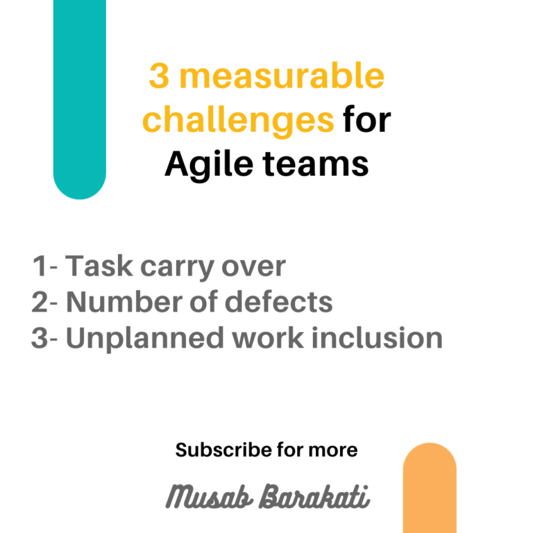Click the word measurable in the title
282,76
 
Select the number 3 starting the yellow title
159,76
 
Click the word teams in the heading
316,164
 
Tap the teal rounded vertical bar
80,99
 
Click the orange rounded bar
430,488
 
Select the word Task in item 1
99,266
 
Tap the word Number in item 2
124,302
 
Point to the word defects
279,302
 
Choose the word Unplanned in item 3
145,339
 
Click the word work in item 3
268,338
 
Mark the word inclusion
377,338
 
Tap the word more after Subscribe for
333,450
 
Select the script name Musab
210,497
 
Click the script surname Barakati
314,497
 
